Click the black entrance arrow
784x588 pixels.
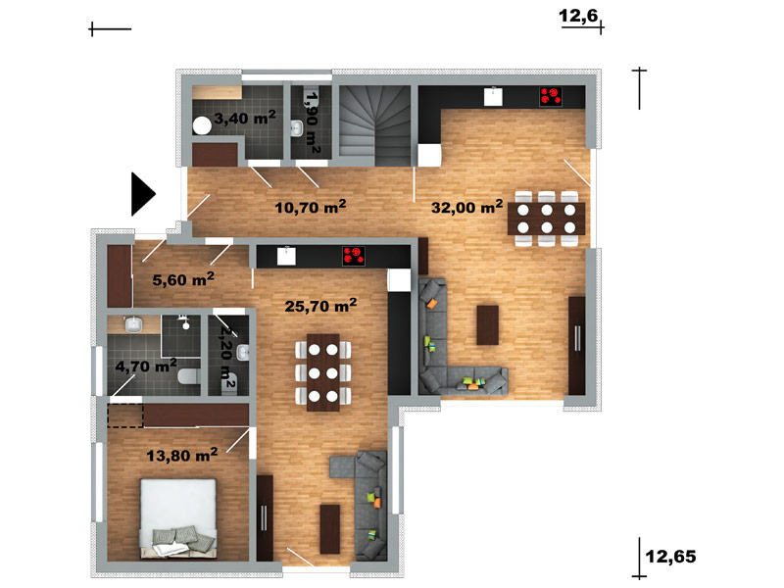point(142,194)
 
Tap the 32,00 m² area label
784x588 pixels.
point(467,207)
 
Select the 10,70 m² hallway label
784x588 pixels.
point(311,207)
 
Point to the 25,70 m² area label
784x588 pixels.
point(320,305)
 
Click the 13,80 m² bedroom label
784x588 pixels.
point(182,455)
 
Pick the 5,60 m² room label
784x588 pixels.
point(183,279)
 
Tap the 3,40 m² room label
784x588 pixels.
point(245,118)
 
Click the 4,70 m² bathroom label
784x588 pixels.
point(146,366)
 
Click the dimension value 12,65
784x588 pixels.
point(671,556)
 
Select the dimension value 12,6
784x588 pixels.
point(578,16)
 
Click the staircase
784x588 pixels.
point(375,125)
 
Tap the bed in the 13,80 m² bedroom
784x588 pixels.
point(178,518)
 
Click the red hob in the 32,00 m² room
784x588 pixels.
point(551,96)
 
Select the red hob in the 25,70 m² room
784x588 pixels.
point(354,256)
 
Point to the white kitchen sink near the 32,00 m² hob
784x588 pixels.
point(493,96)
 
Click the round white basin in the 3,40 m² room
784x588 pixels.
point(202,125)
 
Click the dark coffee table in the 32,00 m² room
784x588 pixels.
point(487,325)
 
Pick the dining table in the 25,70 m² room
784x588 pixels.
point(323,372)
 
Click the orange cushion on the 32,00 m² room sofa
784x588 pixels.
point(431,303)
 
